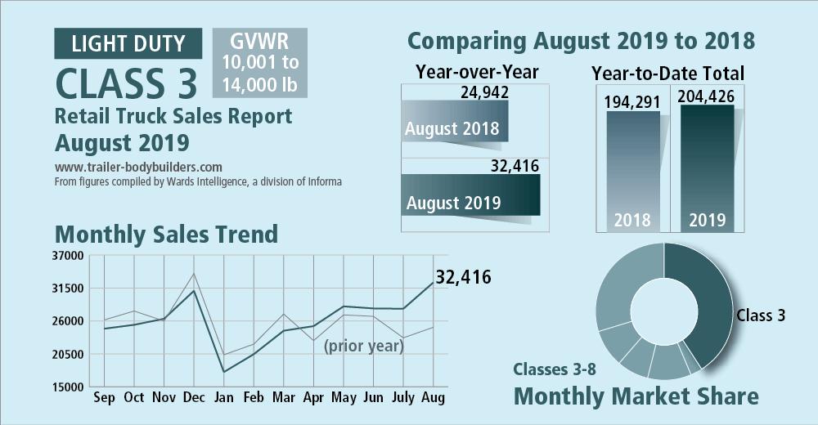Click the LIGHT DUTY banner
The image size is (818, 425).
(128, 43)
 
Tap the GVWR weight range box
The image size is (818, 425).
(260, 63)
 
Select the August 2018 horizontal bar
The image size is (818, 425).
(454, 121)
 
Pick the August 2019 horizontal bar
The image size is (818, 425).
(470, 195)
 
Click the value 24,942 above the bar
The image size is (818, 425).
(484, 92)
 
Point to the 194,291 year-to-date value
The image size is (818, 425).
(632, 101)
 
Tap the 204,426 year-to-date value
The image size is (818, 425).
(706, 96)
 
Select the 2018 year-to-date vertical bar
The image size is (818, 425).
(633, 172)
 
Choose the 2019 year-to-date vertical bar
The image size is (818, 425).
(708, 168)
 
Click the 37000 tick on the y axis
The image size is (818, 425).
(68, 256)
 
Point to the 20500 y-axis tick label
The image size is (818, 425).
(68, 354)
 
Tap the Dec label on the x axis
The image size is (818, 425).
(194, 397)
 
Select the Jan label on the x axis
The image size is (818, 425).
(224, 397)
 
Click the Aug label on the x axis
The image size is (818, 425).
(433, 397)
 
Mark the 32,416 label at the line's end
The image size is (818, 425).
(463, 277)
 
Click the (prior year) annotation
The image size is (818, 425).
(364, 346)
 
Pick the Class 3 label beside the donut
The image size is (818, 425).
(761, 315)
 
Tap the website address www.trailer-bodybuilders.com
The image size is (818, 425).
(138, 168)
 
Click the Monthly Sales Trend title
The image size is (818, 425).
(166, 234)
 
